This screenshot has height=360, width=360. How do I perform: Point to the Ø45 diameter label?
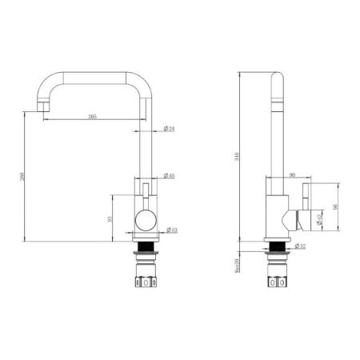[x=170, y=175]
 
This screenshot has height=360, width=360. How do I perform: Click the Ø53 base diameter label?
[x=170, y=230]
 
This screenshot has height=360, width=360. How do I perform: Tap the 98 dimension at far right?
[x=335, y=207]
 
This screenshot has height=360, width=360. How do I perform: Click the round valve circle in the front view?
[x=146, y=220]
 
